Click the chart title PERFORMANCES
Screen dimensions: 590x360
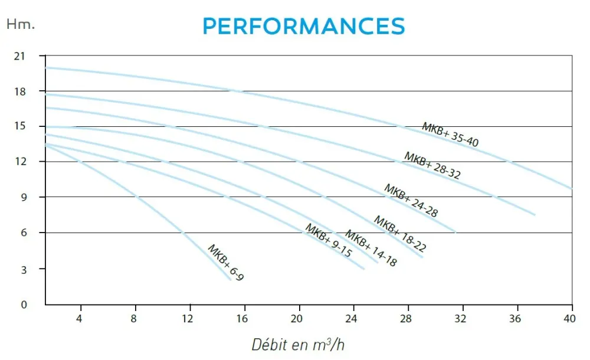coord(304,26)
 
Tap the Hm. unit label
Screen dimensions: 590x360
coord(21,24)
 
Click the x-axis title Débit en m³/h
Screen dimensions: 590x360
coord(298,345)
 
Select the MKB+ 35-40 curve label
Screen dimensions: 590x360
coord(450,135)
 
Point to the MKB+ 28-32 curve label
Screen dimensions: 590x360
coord(432,166)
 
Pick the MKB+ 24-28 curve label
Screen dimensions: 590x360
coord(411,201)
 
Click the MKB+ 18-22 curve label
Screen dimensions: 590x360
coord(400,234)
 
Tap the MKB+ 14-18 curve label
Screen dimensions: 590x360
coord(371,248)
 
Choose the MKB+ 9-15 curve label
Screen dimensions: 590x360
coord(329,240)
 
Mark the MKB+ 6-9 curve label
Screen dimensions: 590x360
coord(226,263)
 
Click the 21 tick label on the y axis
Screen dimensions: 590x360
coord(19,57)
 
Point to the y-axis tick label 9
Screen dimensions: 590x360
coord(24,197)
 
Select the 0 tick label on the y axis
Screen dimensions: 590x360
coord(24,305)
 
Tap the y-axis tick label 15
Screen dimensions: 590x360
coord(19,126)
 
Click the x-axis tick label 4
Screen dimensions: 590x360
coord(79,319)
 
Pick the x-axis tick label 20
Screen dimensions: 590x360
coord(297,319)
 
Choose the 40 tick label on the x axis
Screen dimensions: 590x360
coord(569,319)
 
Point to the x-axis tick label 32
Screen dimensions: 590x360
coord(460,319)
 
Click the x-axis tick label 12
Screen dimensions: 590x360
coord(188,319)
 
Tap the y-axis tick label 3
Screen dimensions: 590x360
coord(24,270)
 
